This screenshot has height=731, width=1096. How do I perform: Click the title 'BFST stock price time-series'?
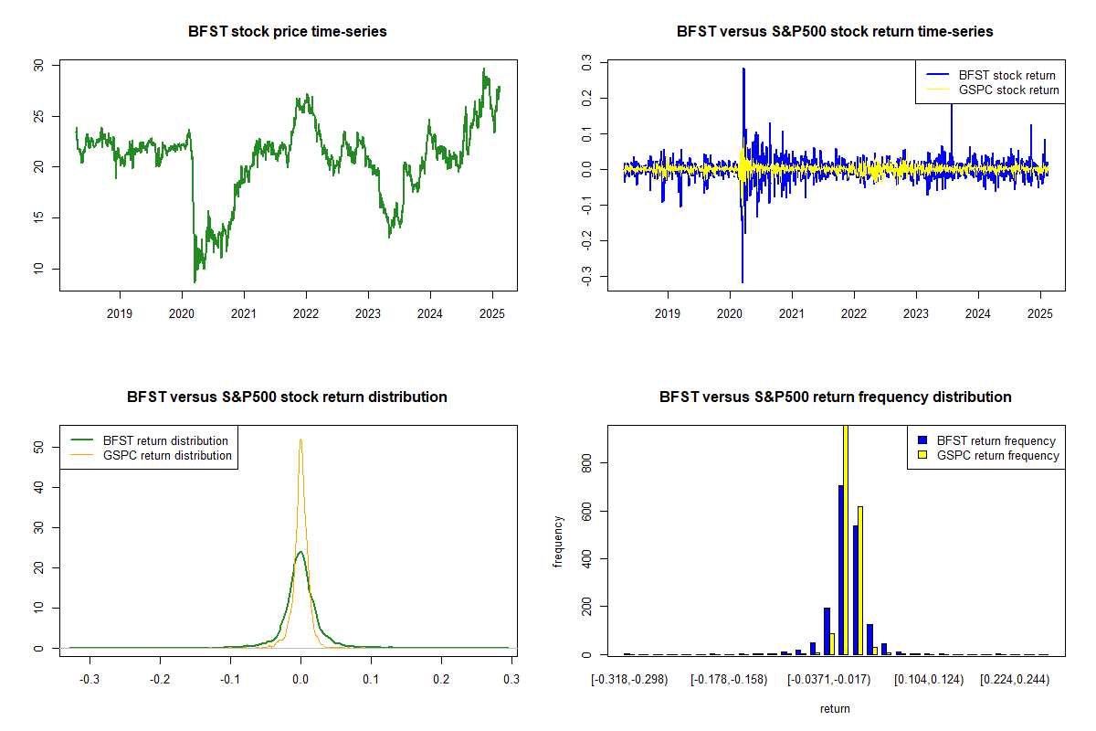[x=288, y=32]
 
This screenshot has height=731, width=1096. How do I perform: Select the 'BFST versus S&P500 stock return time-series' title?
[x=835, y=32]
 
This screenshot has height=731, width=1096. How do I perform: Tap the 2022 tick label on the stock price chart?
[x=306, y=313]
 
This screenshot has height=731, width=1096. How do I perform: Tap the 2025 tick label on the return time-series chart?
[x=1040, y=313]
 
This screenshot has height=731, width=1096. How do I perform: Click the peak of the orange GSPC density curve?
[x=300, y=440]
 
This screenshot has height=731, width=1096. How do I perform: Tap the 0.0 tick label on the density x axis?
[x=300, y=680]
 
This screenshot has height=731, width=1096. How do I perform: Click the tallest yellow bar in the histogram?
[x=845, y=539]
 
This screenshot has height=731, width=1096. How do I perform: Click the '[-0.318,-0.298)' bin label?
[x=629, y=680]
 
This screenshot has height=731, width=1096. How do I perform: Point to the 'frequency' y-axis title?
[x=559, y=541]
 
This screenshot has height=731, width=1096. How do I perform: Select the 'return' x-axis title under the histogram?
[x=835, y=708]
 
